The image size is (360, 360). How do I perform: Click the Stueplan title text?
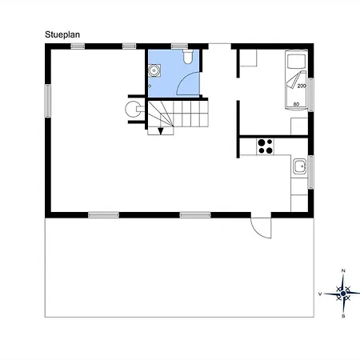62,34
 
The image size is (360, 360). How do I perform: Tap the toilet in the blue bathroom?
188,56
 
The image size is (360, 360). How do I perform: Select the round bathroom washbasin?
154,70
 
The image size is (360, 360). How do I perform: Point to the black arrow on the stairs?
161,131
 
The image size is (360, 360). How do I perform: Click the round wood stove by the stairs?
133,109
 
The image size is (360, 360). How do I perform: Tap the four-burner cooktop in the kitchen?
266,146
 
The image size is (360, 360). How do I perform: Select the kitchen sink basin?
300,166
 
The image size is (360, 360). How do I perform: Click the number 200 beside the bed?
302,86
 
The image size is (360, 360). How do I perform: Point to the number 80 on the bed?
296,104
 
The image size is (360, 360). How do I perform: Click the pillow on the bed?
296,62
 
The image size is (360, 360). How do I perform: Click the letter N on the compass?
343,270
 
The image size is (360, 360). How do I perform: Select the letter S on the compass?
343,316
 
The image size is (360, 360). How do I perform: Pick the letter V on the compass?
320,294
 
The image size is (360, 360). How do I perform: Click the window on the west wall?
48,101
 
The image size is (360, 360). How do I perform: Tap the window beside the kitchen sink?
310,172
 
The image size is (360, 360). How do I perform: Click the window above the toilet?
179,46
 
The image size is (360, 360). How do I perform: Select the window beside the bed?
310,94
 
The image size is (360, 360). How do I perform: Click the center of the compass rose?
343,294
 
